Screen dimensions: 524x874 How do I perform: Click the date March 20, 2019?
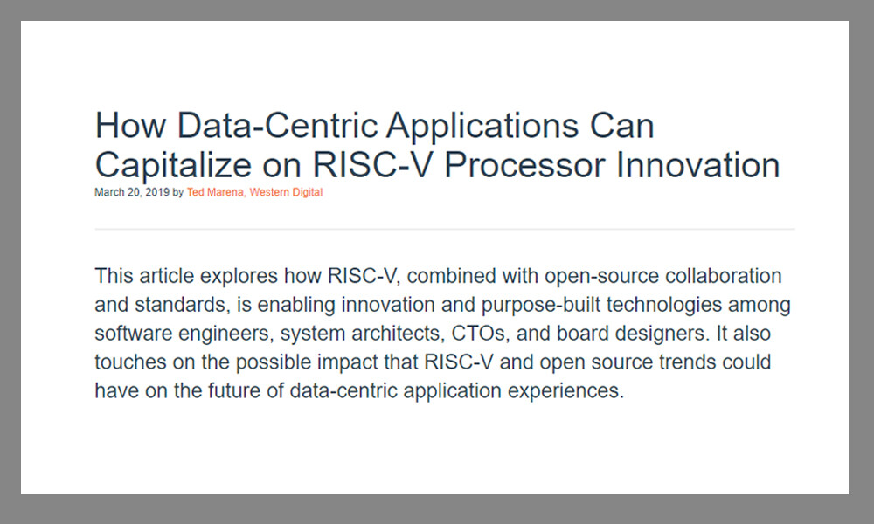(133, 192)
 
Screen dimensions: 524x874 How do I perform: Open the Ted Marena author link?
(215, 192)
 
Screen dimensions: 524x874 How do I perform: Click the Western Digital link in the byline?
(286, 192)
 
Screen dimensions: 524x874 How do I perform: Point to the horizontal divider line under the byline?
(444, 229)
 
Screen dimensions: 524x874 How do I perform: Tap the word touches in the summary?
(126, 362)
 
